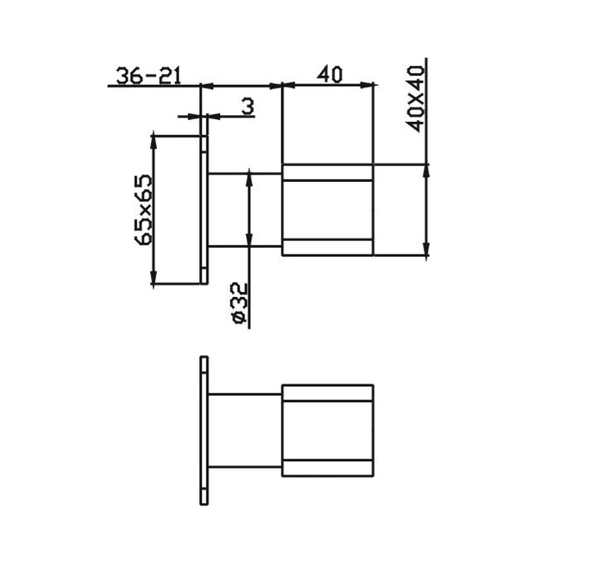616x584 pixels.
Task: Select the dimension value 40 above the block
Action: pos(329,75)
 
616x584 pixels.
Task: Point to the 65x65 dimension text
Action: pos(143,209)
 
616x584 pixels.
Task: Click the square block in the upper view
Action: pos(328,210)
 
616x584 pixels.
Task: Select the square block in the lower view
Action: pos(328,430)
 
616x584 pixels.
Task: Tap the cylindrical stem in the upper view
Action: pos(245,209)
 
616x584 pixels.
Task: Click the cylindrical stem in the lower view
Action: pos(245,430)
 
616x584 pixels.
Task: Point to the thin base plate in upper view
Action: pos(204,209)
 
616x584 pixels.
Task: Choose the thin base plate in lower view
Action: pos(204,430)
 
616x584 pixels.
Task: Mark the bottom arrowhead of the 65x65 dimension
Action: pos(154,280)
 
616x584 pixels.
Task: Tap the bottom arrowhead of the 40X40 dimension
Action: pos(427,250)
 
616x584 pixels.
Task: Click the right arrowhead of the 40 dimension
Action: pos(367,84)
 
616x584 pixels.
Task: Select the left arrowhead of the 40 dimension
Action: pos(288,84)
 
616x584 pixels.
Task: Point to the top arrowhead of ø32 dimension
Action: pos(248,178)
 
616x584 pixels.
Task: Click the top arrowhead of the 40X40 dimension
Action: pos(427,170)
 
